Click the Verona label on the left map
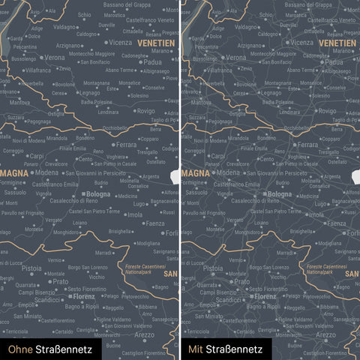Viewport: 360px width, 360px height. [x=54, y=57]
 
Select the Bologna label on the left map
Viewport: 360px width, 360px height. [x=98, y=194]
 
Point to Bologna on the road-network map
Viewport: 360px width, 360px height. [x=279, y=194]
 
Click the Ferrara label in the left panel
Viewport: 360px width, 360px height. [x=127, y=144]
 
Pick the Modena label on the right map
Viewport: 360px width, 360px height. [x=227, y=172]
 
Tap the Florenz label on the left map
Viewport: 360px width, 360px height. [x=83, y=296]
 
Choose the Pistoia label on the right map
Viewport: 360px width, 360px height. [x=214, y=268]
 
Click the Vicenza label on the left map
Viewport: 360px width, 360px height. [x=121, y=43]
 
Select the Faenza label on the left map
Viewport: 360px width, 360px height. [x=155, y=223]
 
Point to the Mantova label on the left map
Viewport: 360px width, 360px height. [x=20, y=102]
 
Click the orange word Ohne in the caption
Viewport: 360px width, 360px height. [x=20, y=349]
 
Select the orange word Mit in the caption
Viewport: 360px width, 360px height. [x=196, y=349]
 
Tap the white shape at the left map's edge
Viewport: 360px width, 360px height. [x=175, y=177]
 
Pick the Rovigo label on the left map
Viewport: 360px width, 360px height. [x=145, y=111]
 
